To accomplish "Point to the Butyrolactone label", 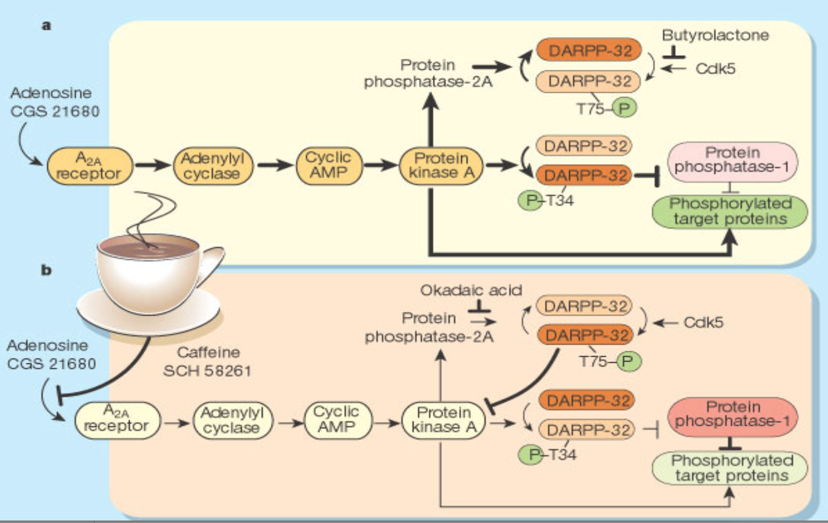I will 715,35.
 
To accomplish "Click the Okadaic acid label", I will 471,290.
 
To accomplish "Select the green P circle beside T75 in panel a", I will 624,108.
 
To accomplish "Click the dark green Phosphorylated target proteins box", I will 730,211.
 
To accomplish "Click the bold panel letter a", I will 45,26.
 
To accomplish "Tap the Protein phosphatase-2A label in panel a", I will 428,73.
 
